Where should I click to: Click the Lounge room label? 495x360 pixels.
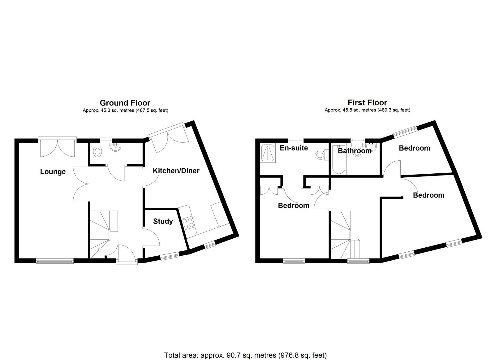coord(53,172)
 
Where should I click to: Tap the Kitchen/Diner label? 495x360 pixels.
coord(176,171)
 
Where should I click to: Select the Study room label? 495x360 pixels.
coord(163,221)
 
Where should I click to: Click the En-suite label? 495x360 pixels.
coord(294,148)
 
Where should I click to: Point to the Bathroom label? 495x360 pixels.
coord(355,151)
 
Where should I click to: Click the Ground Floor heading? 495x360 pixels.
coord(125,103)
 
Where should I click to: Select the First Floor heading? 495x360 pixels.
coord(367,102)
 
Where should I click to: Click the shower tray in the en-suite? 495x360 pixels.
coord(268,153)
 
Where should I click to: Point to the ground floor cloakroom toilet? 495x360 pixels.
coord(97,150)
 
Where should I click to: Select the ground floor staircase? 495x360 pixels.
coord(103,234)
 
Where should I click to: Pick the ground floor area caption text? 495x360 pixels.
coord(125,110)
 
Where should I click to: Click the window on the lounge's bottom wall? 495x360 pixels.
coord(54,261)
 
